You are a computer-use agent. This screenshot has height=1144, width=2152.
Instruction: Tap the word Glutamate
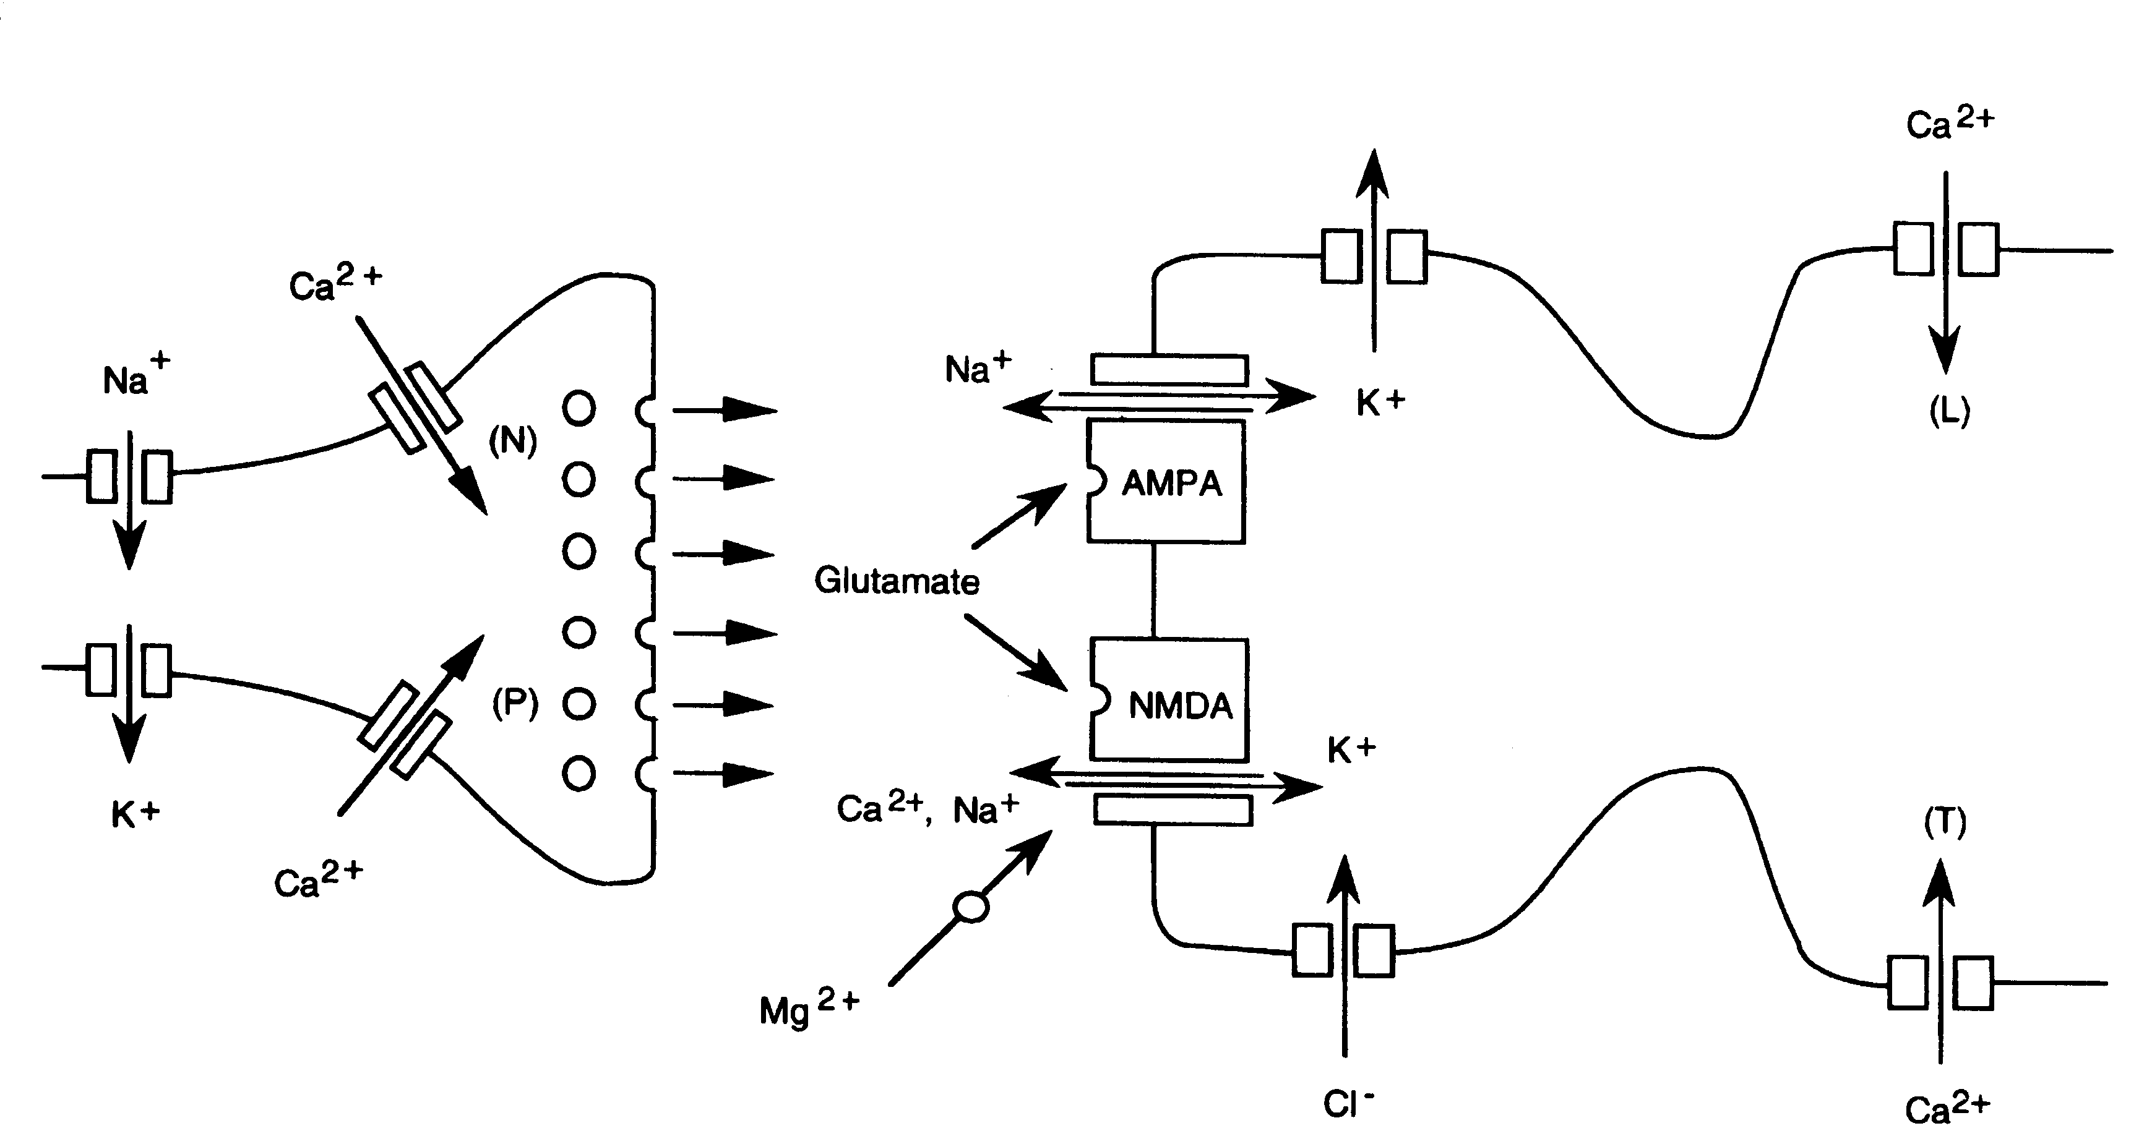pos(897,581)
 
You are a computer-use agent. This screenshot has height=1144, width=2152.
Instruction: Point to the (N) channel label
pos(512,440)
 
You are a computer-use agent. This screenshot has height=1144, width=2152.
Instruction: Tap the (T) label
pos(1945,822)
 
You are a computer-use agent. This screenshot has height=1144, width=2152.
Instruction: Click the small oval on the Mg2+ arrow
pos(971,907)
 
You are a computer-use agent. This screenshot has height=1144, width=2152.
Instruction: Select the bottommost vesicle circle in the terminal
pos(579,773)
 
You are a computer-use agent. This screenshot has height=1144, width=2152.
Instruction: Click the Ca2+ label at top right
pos(1949,123)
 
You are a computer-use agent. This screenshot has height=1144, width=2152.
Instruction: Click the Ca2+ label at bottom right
pos(1947,1109)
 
